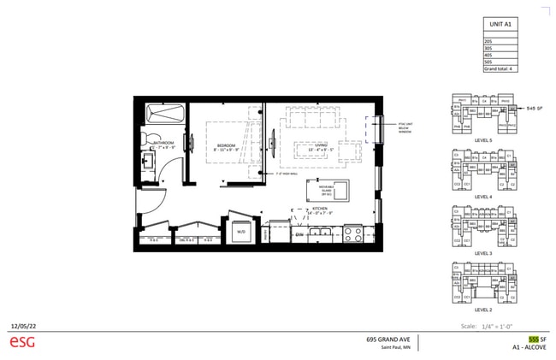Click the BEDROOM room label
226,145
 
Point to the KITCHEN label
320,209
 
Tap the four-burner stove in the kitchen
352,233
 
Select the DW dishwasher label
299,233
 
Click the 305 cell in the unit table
488,49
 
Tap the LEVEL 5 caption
482,140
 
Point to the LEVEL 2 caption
482,310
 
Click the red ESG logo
22,342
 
